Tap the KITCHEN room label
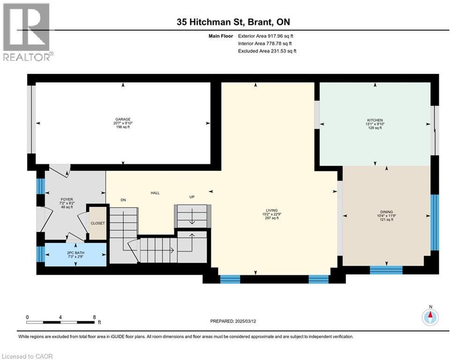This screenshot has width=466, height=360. (x=375, y=120)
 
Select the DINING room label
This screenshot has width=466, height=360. (x=386, y=211)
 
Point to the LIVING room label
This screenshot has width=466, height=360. (x=272, y=210)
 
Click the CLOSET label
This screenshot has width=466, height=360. (x=98, y=223)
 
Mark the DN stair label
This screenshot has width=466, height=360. (x=123, y=200)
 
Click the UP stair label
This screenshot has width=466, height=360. (x=192, y=197)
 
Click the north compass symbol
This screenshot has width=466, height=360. (x=429, y=317)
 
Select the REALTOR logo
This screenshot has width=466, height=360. (x=28, y=32)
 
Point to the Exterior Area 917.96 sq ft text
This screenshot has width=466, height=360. (x=267, y=36)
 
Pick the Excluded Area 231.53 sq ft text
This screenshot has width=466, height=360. (x=267, y=51)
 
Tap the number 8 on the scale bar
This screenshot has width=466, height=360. (x=94, y=317)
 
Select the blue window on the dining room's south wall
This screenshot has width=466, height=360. (x=386, y=270)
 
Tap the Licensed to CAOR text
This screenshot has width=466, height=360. (x=28, y=356)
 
